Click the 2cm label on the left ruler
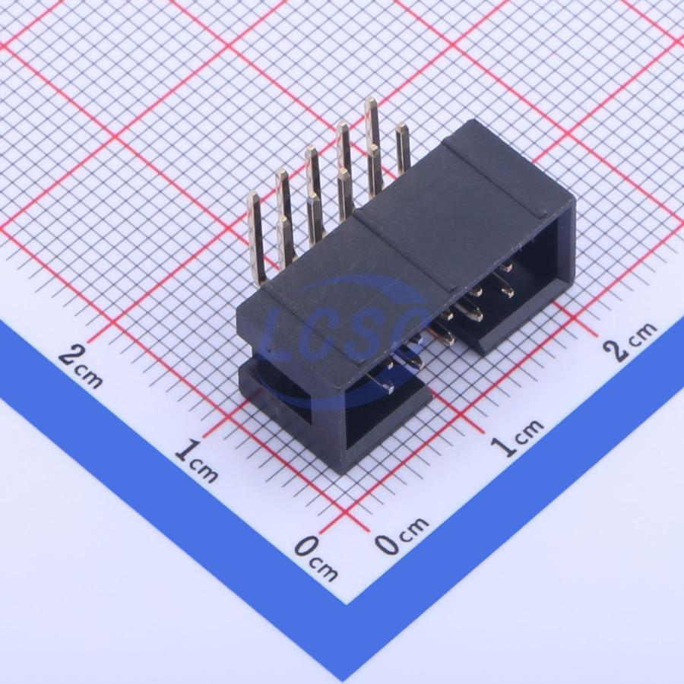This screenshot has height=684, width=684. [x=81, y=366]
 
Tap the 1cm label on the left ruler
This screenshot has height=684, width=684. [x=196, y=461]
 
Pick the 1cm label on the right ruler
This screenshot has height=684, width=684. [x=518, y=438]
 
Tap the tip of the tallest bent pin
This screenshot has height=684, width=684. [x=370, y=100]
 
